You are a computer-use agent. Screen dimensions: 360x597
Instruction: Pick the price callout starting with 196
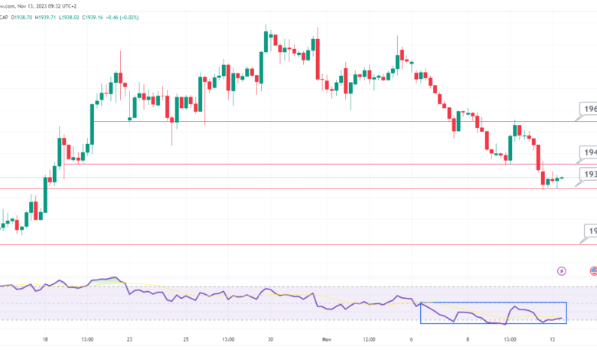[x=589, y=110]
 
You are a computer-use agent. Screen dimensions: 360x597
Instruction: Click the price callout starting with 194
[x=589, y=153]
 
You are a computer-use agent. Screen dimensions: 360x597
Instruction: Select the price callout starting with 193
[x=589, y=175]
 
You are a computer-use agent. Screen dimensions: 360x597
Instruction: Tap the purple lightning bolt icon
[x=563, y=270]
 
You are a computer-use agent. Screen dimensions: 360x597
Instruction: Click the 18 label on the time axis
[x=45, y=339]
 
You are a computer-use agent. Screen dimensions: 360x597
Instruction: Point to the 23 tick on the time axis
[x=129, y=339]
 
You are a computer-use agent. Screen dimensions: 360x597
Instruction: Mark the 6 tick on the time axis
[x=411, y=339]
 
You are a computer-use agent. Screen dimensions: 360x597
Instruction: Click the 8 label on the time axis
[x=468, y=339]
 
